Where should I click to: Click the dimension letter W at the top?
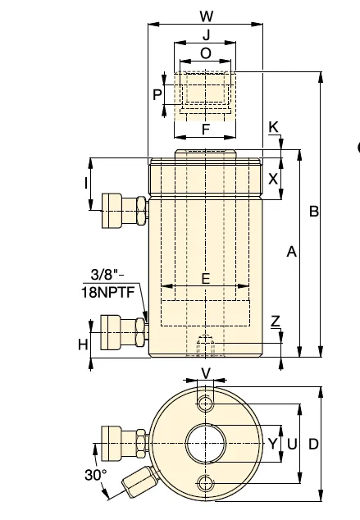pos(206,16)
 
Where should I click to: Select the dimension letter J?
pos(206,34)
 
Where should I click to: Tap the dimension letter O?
pos(206,53)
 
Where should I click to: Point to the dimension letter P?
pos(157,95)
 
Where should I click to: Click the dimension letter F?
pos(206,130)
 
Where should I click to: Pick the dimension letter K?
pos(273,127)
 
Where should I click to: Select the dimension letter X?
pos(273,179)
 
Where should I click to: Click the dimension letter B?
pos(313,212)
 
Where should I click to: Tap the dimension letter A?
pos(291,252)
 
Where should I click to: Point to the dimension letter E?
pos(206,279)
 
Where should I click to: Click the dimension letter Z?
pos(276,321)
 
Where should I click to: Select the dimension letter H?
pos(83,345)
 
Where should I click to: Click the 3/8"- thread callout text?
pos(107,275)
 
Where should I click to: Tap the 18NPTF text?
pos(108,292)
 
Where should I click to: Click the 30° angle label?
pos(96,475)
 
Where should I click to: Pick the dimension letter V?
pos(206,374)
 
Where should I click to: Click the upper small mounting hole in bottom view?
pos(206,404)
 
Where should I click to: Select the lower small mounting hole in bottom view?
pos(206,483)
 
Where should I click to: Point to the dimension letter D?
pos(313,444)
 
